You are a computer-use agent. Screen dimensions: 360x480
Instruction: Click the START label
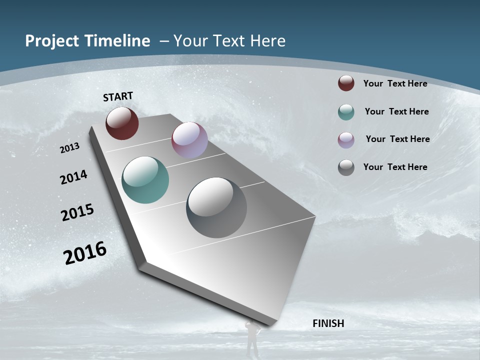[118, 96]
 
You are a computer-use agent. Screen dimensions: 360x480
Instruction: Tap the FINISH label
[328, 323]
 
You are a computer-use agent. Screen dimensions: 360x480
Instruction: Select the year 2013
[70, 148]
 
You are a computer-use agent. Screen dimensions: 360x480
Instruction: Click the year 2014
[73, 177]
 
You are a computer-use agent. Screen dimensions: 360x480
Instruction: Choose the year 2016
[85, 253]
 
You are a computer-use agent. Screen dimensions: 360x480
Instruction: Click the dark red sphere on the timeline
[122, 123]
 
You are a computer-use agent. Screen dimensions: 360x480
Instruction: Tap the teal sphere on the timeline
[145, 180]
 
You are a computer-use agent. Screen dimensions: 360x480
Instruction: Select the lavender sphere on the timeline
[189, 140]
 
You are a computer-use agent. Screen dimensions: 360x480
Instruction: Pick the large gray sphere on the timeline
[216, 207]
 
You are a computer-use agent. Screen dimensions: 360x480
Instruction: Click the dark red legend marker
[346, 83]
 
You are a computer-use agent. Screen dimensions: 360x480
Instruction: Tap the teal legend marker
[346, 112]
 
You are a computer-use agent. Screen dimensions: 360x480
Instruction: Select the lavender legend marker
[346, 140]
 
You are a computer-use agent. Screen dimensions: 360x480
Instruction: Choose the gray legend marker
[346, 167]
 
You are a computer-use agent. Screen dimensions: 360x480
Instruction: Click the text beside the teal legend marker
[396, 111]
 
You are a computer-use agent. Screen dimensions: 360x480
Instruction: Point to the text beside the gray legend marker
[395, 167]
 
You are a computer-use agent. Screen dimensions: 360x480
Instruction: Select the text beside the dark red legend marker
[395, 83]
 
